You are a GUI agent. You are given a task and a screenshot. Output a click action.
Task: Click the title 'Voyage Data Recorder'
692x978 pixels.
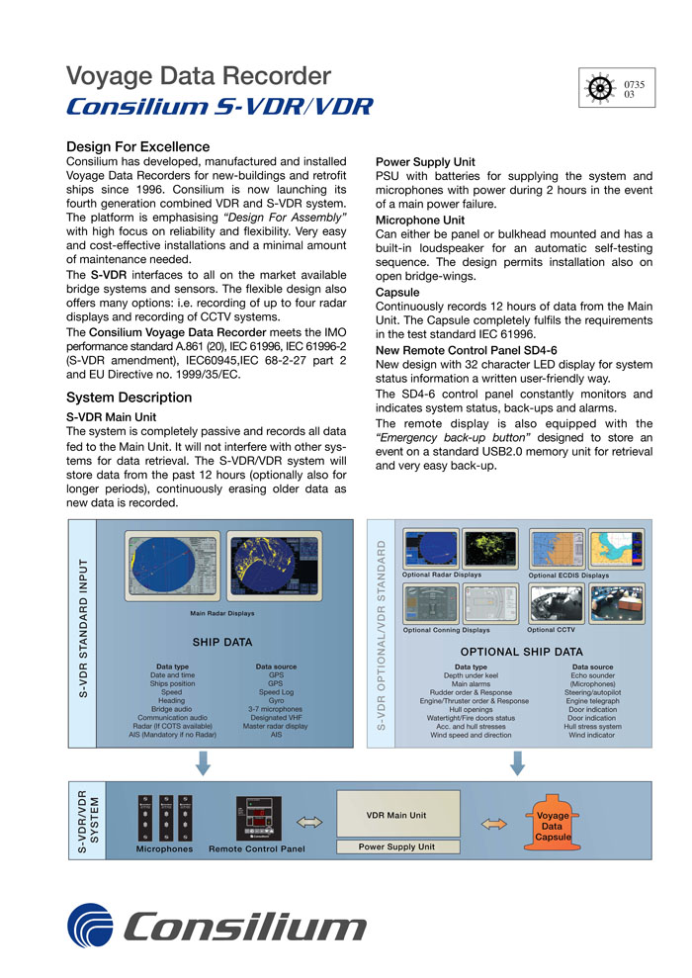tap(198, 75)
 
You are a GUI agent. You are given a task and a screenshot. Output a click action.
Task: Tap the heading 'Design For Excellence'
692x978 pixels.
tap(137, 147)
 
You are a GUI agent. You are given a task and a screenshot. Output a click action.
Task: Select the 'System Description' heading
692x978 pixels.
tap(129, 398)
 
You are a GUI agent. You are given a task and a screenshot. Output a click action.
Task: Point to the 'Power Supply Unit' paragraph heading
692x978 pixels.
tap(425, 162)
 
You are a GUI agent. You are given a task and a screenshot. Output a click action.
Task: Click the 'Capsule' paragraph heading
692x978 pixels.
tap(397, 293)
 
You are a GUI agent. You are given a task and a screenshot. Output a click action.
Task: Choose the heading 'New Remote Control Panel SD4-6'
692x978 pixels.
tap(467, 350)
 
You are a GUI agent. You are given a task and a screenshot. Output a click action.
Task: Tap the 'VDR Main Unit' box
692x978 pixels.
tap(395, 816)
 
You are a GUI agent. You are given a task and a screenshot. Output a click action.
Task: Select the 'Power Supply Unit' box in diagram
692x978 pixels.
tap(395, 847)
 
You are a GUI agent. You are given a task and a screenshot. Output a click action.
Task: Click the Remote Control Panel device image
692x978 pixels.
tap(257, 819)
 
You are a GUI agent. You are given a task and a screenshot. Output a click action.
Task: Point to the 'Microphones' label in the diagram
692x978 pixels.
tap(164, 848)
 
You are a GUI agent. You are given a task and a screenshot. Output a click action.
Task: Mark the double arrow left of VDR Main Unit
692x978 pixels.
tap(309, 821)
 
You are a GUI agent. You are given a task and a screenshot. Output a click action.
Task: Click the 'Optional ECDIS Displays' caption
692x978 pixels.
tap(569, 575)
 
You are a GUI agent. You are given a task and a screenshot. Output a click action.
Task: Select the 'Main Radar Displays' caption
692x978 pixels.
tap(222, 613)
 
